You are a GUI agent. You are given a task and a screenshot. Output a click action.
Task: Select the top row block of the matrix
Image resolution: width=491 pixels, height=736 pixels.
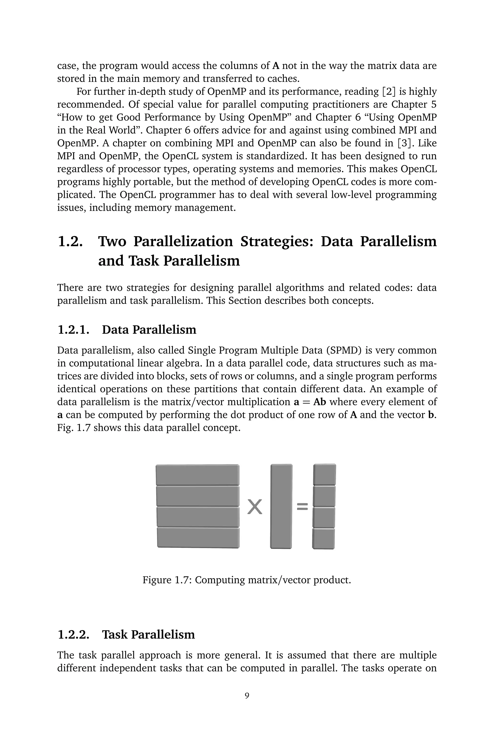coord(198,474)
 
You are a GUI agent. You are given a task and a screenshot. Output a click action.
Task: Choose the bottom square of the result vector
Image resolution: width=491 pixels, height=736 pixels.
coord(323,538)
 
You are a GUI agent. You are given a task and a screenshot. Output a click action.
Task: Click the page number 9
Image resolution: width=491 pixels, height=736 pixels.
coord(247,696)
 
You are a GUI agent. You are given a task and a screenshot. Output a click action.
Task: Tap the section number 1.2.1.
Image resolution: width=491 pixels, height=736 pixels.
coord(74,330)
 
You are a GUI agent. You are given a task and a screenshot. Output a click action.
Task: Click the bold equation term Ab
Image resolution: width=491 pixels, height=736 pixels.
coord(319,402)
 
